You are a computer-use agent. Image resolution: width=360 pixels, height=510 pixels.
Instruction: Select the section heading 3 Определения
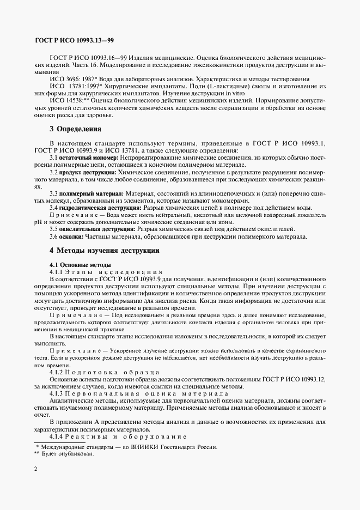click(x=76, y=129)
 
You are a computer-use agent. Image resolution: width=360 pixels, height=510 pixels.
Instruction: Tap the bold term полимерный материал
click(x=91, y=193)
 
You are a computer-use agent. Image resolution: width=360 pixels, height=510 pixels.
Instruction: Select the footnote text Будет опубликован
click(x=68, y=454)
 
